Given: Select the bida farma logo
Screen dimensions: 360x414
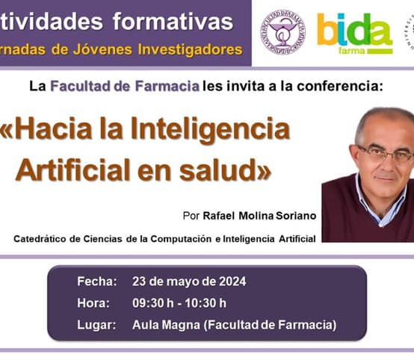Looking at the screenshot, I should tap(354, 34).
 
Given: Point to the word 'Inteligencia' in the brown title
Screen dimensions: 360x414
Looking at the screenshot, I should tap(210, 129).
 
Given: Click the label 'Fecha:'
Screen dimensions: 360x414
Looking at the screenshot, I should tap(96, 282).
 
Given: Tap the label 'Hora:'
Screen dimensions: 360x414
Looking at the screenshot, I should tap(93, 303).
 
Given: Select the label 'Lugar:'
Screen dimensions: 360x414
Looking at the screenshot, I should tap(96, 325).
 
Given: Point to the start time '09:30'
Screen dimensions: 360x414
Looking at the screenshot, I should tap(148, 303).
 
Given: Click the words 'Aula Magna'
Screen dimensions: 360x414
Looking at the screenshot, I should tap(165, 325).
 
